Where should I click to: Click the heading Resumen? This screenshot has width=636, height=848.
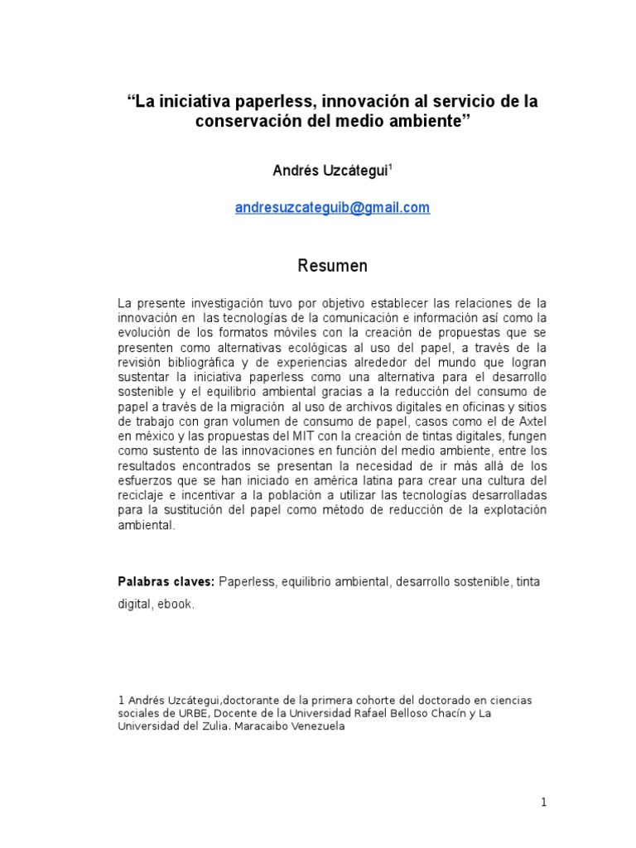point(332,266)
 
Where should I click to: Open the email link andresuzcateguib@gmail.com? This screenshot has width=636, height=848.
point(332,208)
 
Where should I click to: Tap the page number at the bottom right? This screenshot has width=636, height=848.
point(543,802)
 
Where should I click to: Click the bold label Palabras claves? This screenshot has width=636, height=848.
point(166,582)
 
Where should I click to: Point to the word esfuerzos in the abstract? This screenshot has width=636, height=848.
point(145,480)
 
